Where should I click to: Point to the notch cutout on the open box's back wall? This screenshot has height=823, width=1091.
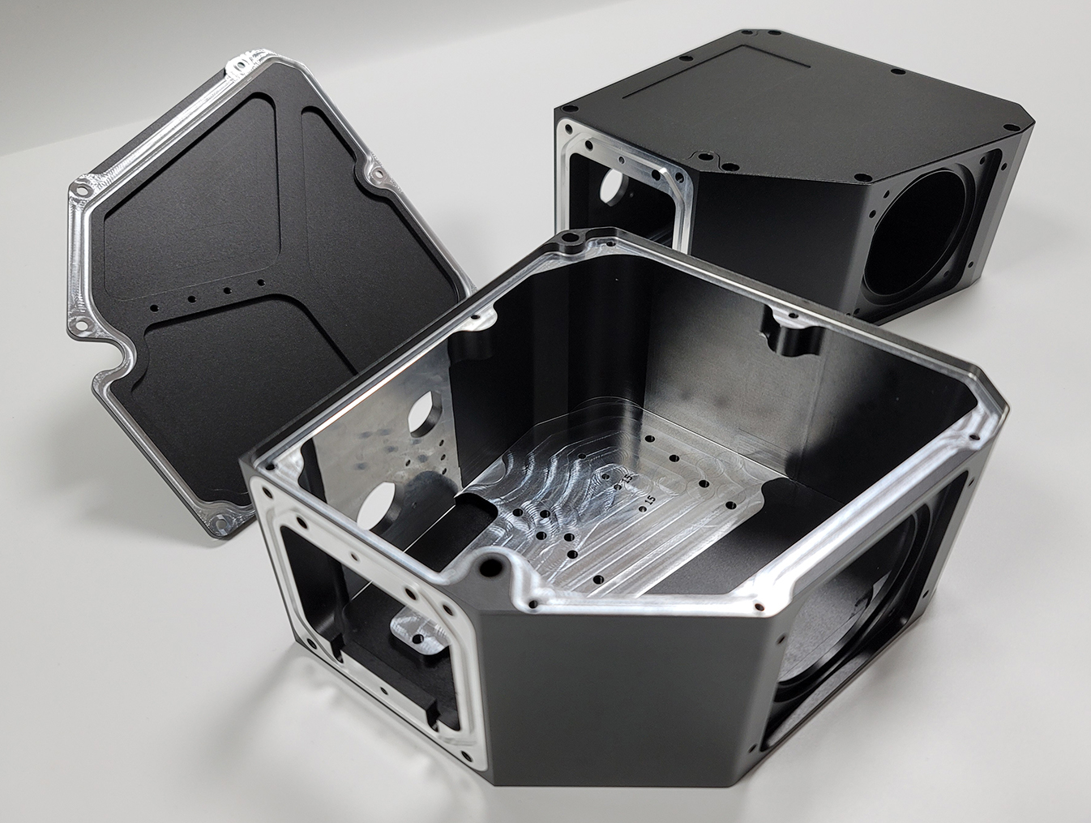pos(784,334)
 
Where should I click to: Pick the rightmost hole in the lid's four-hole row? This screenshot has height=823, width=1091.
pos(261,282)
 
